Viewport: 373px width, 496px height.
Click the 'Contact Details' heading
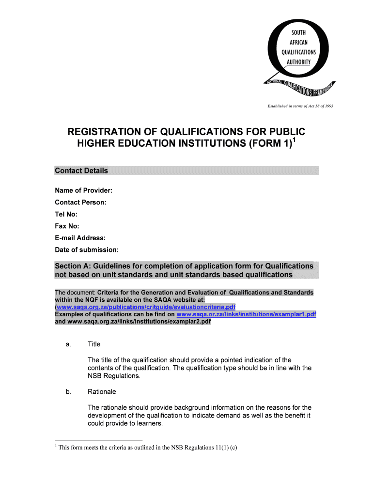click(81, 170)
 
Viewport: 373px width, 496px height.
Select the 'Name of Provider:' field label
click(84, 190)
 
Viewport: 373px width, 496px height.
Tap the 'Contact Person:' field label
click(80, 202)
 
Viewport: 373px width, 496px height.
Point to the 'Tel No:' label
click(66, 214)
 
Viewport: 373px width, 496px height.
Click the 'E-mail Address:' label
click(80, 238)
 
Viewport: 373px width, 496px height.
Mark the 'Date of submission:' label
click(86, 250)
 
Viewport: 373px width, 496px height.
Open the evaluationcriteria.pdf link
click(146, 307)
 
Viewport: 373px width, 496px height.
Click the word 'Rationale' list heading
click(102, 392)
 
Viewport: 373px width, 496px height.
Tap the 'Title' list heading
click(94, 344)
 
